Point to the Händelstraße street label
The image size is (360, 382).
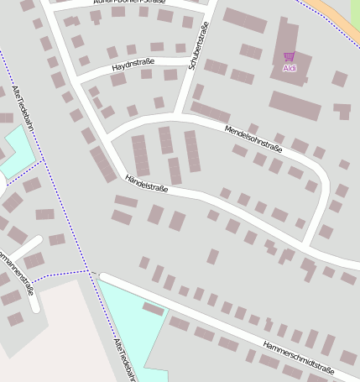146,183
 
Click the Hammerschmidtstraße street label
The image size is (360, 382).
298,358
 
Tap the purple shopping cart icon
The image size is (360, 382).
290,56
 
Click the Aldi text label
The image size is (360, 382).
290,68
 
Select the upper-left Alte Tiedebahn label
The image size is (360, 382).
23,109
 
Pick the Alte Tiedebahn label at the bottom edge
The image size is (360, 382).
124,362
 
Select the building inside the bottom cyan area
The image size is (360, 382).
154,309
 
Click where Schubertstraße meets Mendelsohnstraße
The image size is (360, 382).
179,114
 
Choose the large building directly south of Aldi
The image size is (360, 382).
295,106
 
